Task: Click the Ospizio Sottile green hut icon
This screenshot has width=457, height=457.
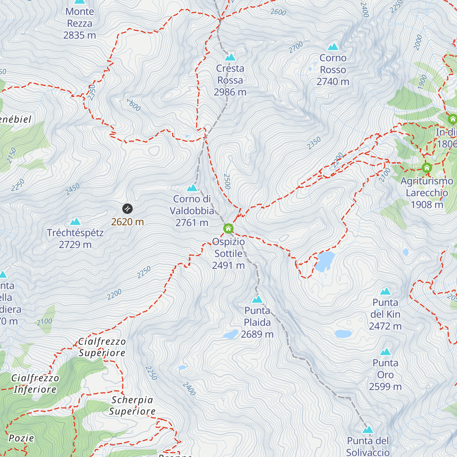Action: [228, 228]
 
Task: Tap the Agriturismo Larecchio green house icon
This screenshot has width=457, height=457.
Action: [427, 168]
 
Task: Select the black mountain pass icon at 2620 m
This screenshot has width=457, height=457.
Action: [127, 209]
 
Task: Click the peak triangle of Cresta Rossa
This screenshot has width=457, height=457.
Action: [230, 57]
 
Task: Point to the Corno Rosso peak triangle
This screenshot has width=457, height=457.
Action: [333, 47]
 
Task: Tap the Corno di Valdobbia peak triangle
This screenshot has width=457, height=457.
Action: [192, 188]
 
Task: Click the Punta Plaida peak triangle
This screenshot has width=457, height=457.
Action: [257, 299]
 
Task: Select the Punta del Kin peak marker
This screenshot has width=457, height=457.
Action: [385, 291]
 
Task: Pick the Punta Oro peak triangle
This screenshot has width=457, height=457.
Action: [385, 352]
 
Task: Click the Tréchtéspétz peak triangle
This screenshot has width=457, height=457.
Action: [75, 222]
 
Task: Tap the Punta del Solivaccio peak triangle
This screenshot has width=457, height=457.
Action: [368, 430]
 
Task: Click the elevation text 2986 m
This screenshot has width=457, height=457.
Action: [230, 92]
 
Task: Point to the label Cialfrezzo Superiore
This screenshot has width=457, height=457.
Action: [102, 347]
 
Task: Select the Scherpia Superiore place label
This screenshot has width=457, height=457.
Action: [132, 406]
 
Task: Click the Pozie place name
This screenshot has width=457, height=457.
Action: [21, 438]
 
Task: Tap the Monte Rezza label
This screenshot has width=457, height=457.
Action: [80, 18]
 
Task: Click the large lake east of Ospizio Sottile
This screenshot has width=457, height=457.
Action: [325, 261]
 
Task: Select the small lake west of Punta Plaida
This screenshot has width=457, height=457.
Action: [230, 335]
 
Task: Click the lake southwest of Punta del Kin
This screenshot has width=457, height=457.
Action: [343, 334]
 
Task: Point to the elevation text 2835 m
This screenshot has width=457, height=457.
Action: [80, 35]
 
